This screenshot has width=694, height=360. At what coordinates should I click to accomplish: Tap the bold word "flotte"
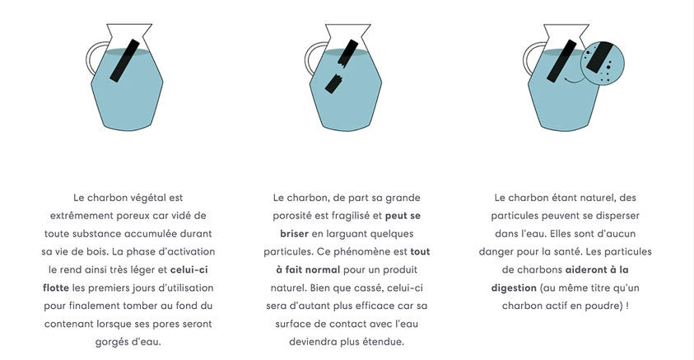[x=57, y=288]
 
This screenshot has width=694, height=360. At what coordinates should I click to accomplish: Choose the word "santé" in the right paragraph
[x=606, y=251]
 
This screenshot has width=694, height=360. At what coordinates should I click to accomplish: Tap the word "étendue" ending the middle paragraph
[x=384, y=341]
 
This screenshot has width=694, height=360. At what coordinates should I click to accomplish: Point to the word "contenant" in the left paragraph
[x=72, y=323]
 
